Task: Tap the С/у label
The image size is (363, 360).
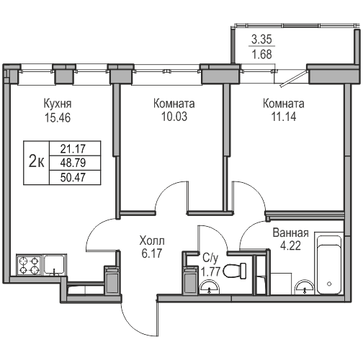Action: pyautogui.click(x=210, y=257)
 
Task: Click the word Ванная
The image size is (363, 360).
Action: pyautogui.click(x=292, y=233)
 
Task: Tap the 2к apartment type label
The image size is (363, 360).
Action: pyautogui.click(x=35, y=161)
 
